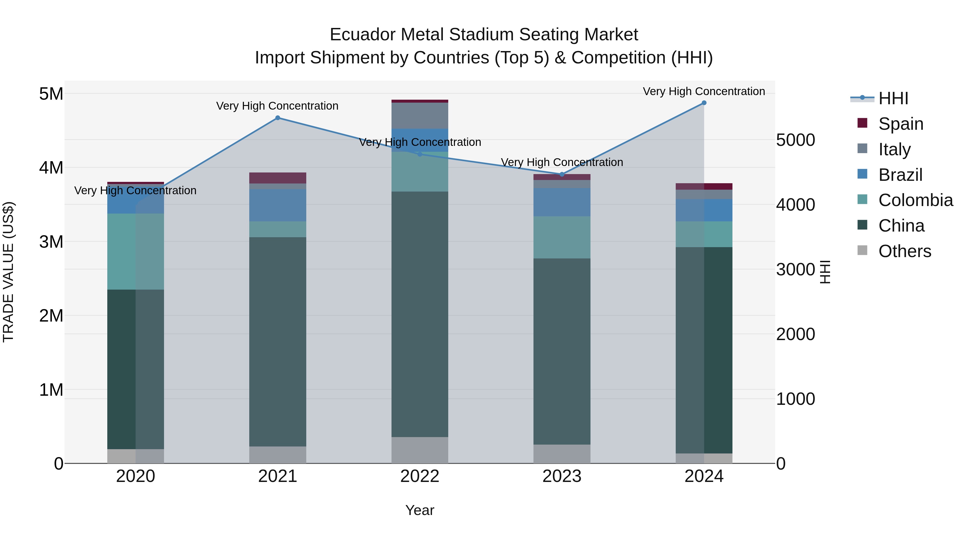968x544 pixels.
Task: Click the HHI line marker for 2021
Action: [x=278, y=118]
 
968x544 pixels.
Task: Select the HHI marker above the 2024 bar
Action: [x=704, y=103]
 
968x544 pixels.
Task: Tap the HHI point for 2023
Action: [x=562, y=174]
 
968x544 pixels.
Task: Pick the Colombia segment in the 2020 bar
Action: [x=136, y=251]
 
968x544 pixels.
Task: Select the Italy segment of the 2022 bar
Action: [x=420, y=116]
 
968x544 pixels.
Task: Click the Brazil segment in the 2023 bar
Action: [x=562, y=202]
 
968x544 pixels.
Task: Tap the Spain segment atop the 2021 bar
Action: [x=278, y=178]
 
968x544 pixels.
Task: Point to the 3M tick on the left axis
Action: [x=51, y=242]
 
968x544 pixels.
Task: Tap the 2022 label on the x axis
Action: [x=420, y=476]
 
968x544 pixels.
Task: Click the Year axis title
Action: [x=420, y=510]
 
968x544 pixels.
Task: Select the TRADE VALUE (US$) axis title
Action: [x=9, y=272]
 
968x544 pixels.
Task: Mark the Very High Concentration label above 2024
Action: [x=704, y=91]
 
